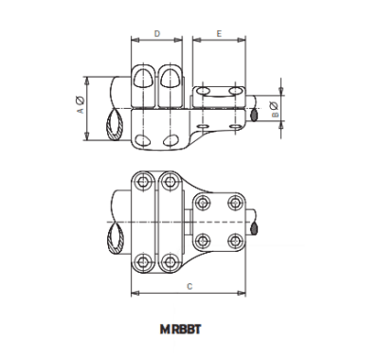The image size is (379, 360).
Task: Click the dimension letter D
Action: pos(156,33)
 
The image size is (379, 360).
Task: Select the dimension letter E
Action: pos(219,33)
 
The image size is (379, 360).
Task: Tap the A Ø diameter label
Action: pos(80,105)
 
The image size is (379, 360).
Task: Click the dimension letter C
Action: pos(189,285)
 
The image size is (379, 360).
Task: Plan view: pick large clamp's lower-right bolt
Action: pos(170,261)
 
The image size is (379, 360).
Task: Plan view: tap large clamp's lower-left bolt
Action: pos(143,261)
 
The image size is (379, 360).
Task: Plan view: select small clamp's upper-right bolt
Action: pos(233,203)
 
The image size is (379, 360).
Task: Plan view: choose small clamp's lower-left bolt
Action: pos(201,239)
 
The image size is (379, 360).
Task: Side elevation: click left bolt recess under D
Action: pos(143,79)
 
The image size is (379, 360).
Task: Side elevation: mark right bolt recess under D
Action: pos(171,79)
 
